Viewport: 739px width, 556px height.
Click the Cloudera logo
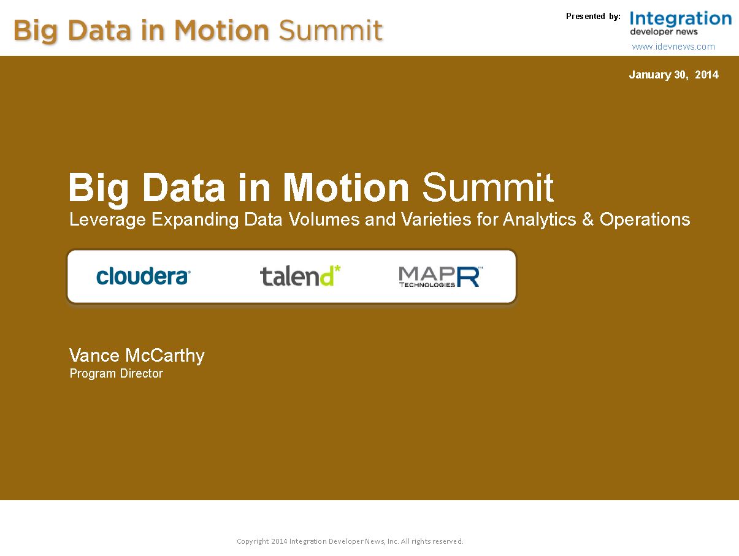(143, 276)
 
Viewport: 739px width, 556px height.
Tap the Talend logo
(301, 276)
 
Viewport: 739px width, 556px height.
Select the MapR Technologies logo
(440, 276)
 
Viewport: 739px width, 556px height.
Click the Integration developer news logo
(680, 23)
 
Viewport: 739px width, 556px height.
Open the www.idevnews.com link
(673, 47)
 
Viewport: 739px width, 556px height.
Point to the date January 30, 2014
(673, 75)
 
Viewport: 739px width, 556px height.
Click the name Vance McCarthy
(137, 356)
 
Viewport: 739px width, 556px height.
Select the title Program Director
(116, 373)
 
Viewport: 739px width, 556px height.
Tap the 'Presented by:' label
(593, 16)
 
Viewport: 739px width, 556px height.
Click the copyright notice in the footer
(350, 541)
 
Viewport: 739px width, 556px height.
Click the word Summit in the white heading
(488, 187)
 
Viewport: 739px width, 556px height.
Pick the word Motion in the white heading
(346, 187)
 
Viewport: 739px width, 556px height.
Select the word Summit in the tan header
(331, 30)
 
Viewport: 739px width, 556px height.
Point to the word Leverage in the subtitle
(107, 220)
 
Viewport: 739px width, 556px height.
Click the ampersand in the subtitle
(588, 219)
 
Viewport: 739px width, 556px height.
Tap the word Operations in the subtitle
(645, 220)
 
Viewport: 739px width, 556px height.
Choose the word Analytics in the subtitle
(539, 220)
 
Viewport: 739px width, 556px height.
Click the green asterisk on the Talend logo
(337, 268)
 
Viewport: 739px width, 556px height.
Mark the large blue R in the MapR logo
(468, 276)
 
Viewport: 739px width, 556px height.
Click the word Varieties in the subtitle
(436, 219)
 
